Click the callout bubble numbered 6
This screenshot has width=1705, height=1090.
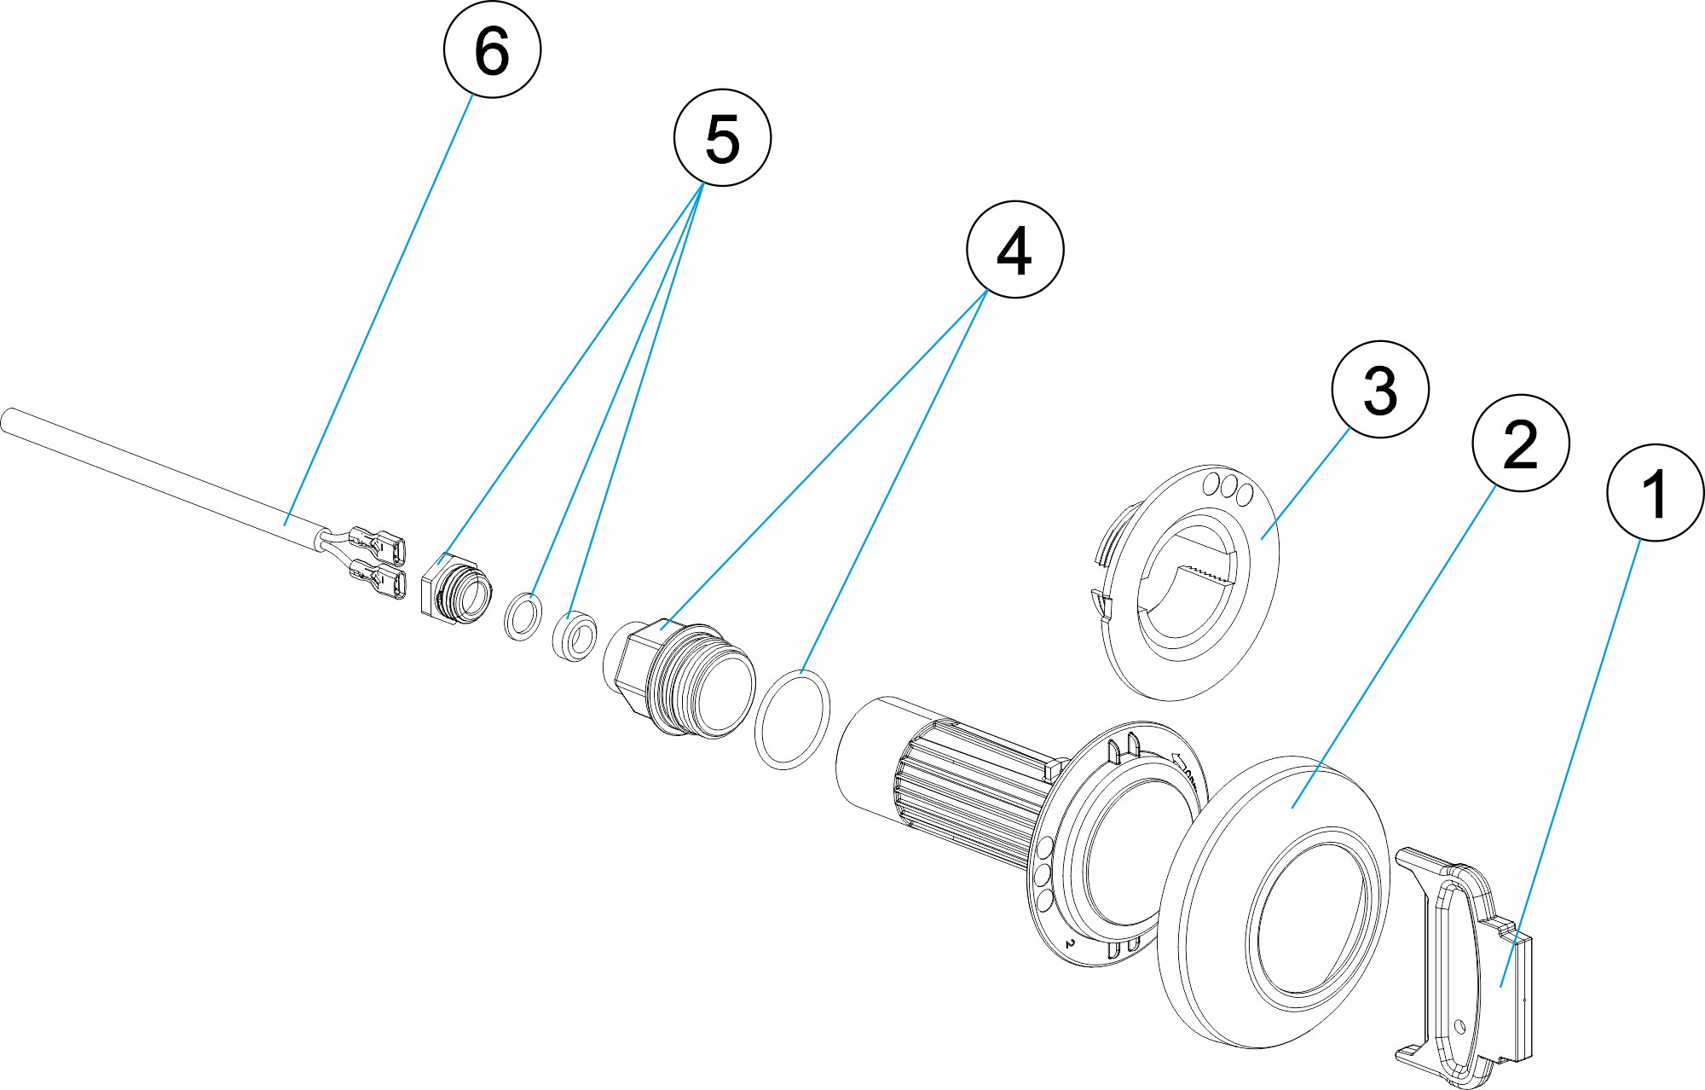tap(492, 49)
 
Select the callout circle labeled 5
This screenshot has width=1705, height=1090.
tap(722, 137)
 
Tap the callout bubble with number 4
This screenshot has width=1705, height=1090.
tap(1014, 249)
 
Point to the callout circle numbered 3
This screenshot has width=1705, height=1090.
tap(1380, 389)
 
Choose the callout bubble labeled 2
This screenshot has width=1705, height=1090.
tap(1521, 443)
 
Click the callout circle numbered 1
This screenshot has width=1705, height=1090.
tap(1655, 492)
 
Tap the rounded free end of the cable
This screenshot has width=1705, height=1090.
tap(8, 421)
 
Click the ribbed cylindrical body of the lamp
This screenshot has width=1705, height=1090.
tap(963, 785)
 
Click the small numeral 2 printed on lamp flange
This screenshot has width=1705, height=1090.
tap(1069, 944)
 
